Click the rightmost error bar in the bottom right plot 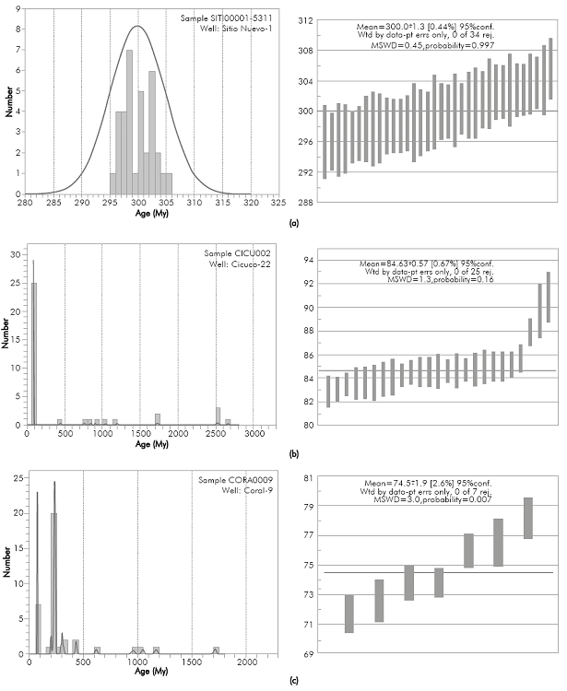[528, 518]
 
